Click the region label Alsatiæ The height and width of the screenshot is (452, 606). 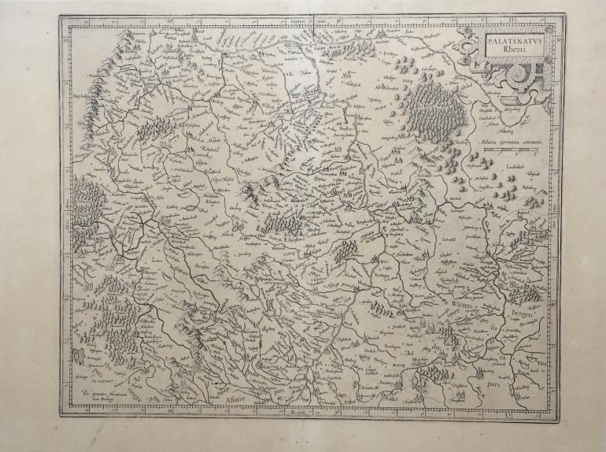[235, 398]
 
